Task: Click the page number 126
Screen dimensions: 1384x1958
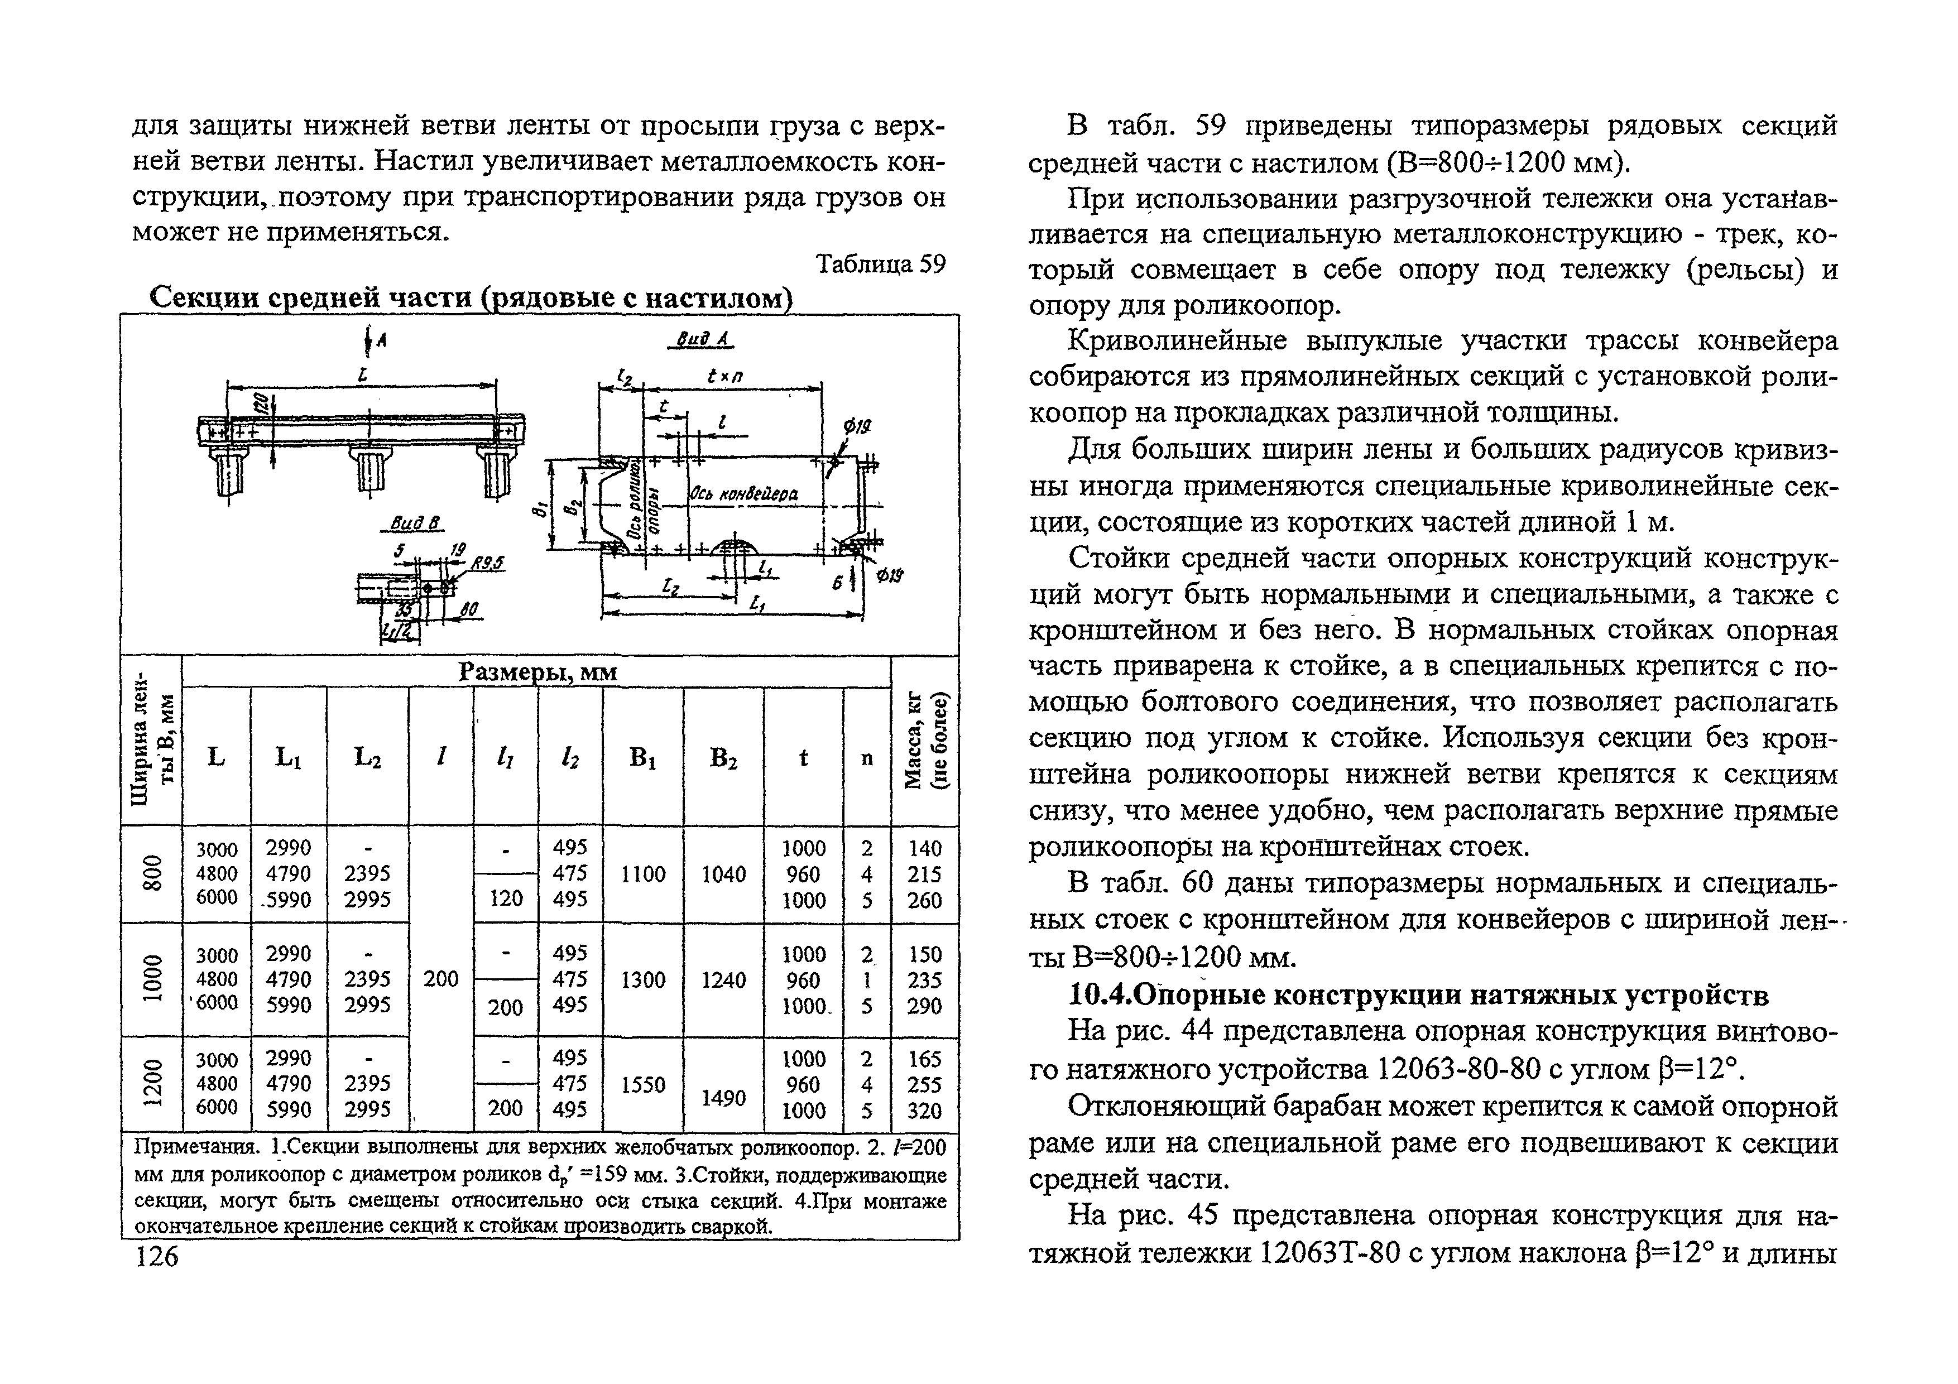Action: click(x=157, y=1256)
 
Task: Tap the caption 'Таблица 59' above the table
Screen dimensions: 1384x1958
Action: click(x=881, y=265)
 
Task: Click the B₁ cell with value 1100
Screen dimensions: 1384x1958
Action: click(x=643, y=874)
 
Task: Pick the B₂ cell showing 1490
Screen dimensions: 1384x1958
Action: click(x=723, y=1098)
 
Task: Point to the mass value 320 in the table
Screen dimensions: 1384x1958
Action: click(x=924, y=1111)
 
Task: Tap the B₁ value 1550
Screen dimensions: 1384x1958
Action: click(x=643, y=1085)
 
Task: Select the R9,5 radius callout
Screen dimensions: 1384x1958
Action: click(x=488, y=563)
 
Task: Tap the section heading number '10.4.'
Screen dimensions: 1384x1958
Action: click(x=1100, y=995)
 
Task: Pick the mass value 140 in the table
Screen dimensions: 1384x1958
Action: click(x=924, y=848)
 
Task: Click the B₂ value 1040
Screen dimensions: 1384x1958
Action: click(x=723, y=874)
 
